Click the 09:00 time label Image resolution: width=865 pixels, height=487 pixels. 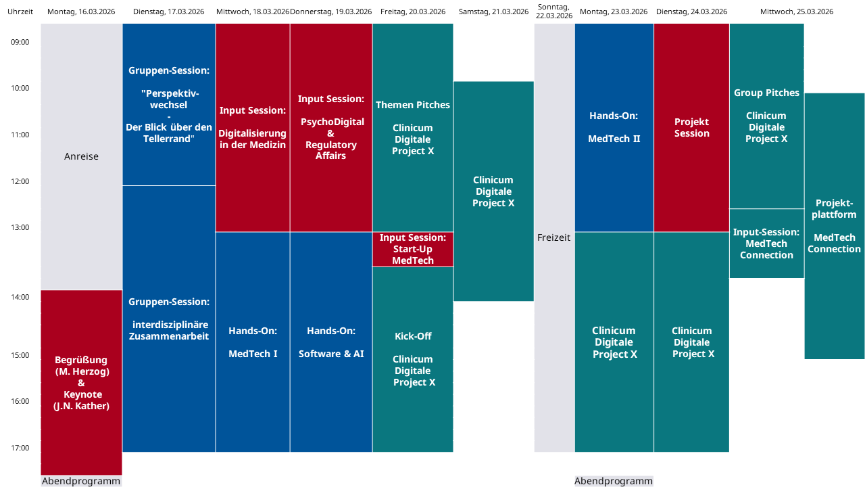click(20, 42)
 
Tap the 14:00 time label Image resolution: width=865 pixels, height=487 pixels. click(20, 297)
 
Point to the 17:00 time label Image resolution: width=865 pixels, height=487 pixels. click(20, 448)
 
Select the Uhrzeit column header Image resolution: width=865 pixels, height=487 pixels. click(20, 11)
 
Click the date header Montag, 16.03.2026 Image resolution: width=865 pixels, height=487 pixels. click(82, 11)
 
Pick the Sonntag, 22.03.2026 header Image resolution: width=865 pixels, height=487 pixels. click(554, 11)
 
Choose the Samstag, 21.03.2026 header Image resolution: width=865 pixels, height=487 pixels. click(493, 11)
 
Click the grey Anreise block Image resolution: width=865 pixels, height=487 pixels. click(81, 156)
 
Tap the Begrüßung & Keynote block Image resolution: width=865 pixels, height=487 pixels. click(81, 382)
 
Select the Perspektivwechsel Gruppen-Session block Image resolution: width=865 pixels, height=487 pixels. click(169, 105)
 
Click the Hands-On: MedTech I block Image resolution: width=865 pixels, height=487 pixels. click(253, 342)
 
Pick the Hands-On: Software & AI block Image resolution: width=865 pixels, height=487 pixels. click(331, 342)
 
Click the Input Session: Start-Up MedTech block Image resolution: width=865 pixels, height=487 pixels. click(413, 249)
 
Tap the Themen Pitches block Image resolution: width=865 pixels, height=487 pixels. click(413, 127)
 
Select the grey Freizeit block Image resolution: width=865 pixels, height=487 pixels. click(554, 237)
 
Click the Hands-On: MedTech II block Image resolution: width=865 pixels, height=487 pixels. click(614, 127)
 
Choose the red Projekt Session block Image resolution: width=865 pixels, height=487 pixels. click(692, 127)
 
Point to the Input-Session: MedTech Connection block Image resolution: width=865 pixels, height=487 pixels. click(766, 243)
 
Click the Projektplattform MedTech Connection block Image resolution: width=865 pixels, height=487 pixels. click(835, 226)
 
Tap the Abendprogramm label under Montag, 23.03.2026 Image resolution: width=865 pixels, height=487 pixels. click(614, 481)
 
